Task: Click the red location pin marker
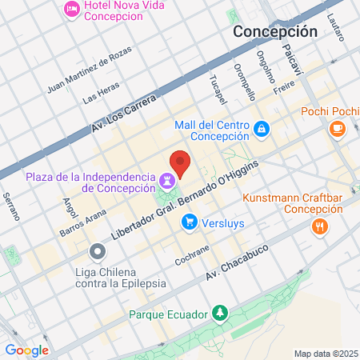point(180,162)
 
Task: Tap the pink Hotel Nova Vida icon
point(71,10)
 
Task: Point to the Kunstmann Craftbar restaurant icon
point(320,226)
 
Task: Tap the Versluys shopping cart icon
point(190,222)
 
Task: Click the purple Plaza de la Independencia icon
point(167,179)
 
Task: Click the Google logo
point(26,350)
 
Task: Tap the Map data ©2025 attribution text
point(324,353)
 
